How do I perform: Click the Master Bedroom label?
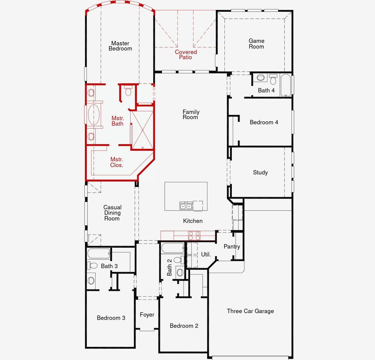120,46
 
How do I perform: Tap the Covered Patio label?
186,55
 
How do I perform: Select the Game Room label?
256,44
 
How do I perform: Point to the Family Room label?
191,114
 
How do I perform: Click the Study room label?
260,173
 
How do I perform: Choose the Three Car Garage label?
250,311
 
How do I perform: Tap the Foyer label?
147,315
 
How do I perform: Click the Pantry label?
232,247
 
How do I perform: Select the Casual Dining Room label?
112,213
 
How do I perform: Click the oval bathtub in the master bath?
93,114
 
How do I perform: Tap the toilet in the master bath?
128,91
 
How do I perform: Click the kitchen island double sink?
186,206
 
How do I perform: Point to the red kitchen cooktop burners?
194,235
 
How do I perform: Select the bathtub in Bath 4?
286,85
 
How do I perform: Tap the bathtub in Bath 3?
99,253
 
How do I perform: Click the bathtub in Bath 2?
173,249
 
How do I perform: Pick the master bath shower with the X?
142,130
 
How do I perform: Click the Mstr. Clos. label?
117,162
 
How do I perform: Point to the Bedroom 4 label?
264,122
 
